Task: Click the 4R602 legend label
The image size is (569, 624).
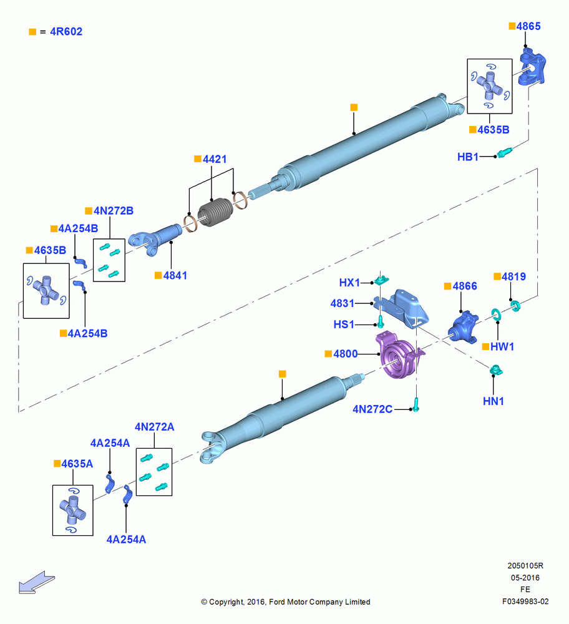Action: pyautogui.click(x=66, y=31)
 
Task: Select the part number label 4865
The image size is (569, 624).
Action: pyautogui.click(x=528, y=26)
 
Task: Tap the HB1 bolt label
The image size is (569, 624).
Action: pyautogui.click(x=467, y=157)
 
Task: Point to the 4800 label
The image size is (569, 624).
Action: pyautogui.click(x=346, y=354)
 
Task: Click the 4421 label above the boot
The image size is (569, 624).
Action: pyautogui.click(x=215, y=159)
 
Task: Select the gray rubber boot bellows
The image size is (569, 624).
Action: pyautogui.click(x=215, y=213)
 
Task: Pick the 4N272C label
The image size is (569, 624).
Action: pyautogui.click(x=372, y=409)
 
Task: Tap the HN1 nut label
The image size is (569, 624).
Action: pyautogui.click(x=494, y=401)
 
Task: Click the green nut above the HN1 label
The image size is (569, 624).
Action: pyautogui.click(x=496, y=369)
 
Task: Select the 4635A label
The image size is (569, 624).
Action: pyautogui.click(x=77, y=464)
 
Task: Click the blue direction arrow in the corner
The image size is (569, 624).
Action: pyautogui.click(x=37, y=582)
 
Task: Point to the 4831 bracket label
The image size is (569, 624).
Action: pyautogui.click(x=342, y=303)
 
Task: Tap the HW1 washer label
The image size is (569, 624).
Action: pyautogui.click(x=502, y=346)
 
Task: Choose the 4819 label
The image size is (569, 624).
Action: pyautogui.click(x=513, y=276)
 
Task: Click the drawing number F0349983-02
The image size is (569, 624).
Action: pyautogui.click(x=525, y=602)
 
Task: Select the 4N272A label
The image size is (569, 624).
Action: pyautogui.click(x=154, y=427)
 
